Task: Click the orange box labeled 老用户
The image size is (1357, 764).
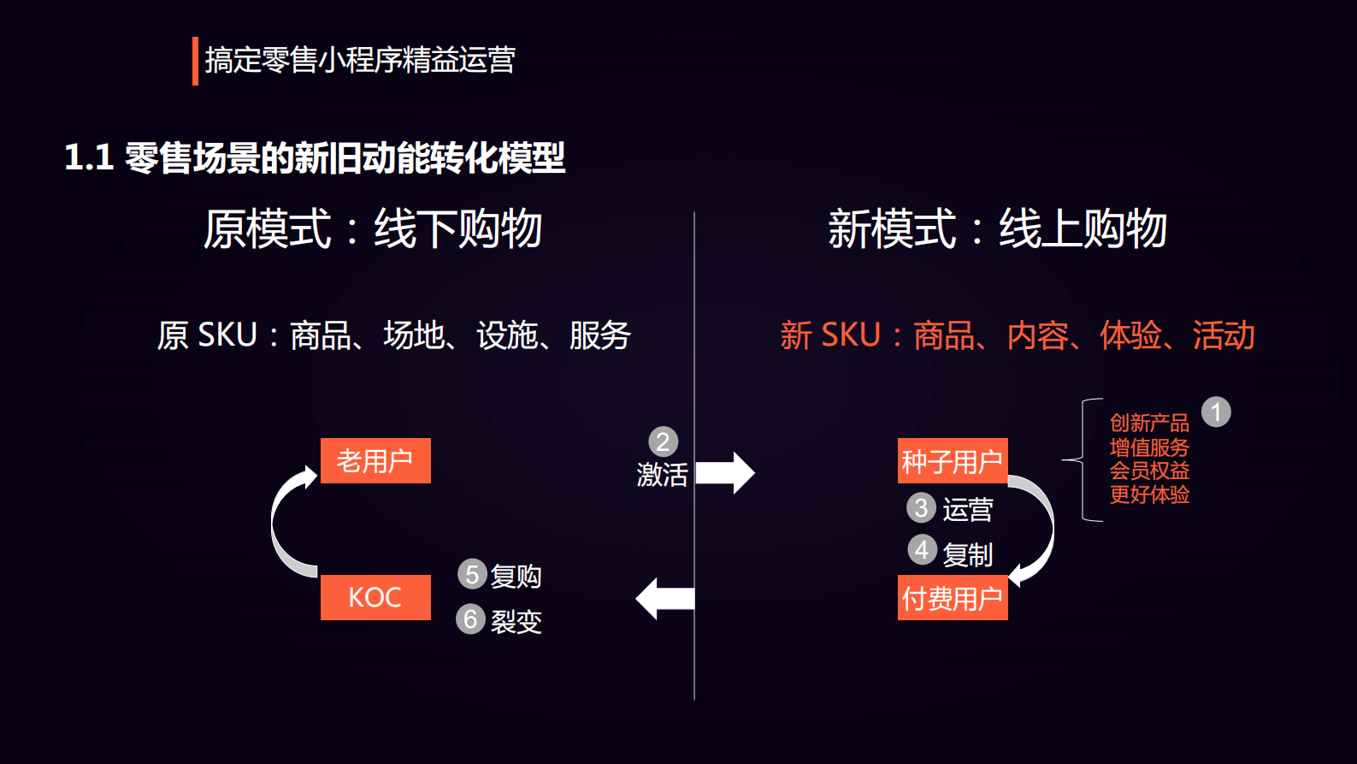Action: [375, 461]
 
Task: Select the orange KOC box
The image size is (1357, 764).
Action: [375, 597]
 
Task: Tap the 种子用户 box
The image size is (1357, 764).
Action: [953, 461]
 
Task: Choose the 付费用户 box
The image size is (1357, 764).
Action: [953, 598]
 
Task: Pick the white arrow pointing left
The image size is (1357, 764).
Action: [665, 598]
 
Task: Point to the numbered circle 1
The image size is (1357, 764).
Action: [1216, 412]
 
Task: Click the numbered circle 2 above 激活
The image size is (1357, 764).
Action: [663, 441]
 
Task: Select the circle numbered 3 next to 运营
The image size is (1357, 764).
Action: [921, 507]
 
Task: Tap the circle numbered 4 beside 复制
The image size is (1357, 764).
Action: [922, 549]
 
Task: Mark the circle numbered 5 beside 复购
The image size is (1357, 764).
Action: [472, 574]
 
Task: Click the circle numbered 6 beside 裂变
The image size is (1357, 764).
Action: [470, 619]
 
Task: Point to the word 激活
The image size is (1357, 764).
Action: [662, 474]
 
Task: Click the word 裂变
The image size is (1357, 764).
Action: [516, 621]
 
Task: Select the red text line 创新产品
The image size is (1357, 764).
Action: [1149, 423]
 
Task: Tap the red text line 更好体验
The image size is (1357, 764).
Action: [1149, 495]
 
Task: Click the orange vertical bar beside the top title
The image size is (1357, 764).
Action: [195, 61]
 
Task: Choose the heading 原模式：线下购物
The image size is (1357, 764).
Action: [373, 229]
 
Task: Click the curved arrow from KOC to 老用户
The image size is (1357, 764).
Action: [284, 522]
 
